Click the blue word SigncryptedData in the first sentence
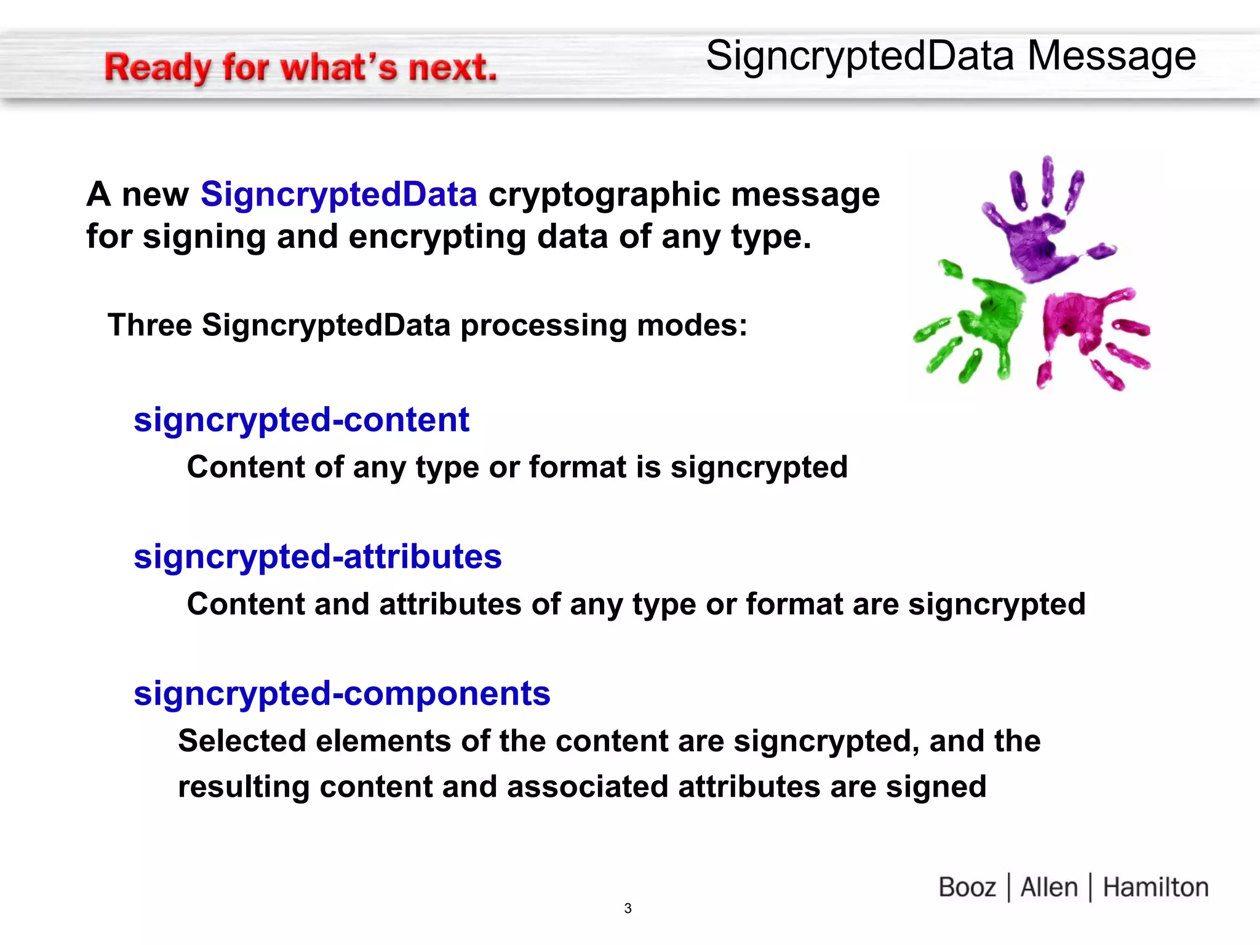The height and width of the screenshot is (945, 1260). pos(339,194)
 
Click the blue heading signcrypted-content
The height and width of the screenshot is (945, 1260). pos(301,420)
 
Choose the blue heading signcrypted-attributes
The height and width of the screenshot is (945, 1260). pos(317,557)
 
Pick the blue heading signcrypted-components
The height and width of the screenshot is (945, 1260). pos(342,693)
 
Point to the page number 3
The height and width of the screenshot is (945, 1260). pos(628,908)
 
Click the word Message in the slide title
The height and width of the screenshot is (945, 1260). pos(1112,56)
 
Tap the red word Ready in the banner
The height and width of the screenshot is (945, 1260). pos(157,68)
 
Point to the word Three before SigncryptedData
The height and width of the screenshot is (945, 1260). pos(150,325)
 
